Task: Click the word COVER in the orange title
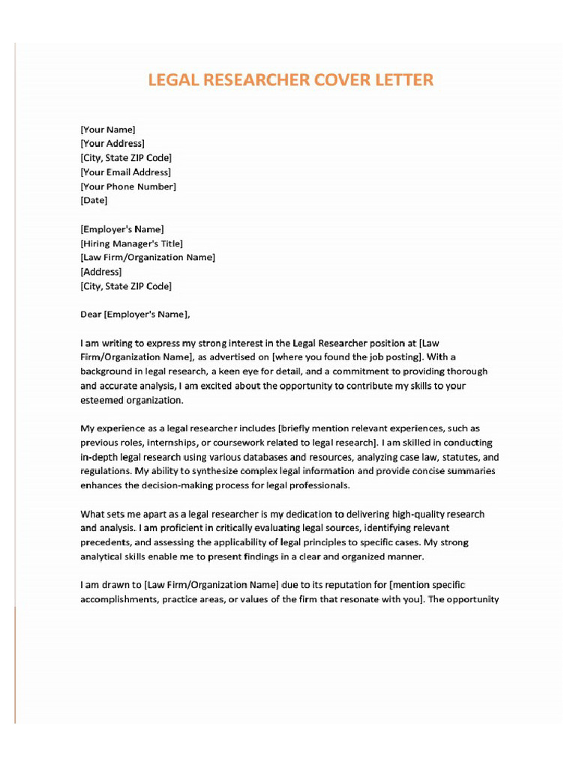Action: (x=328, y=80)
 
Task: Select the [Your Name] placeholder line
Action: (x=108, y=130)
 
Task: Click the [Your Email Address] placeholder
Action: (x=125, y=172)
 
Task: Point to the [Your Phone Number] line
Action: (x=128, y=187)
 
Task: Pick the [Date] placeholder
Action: (x=94, y=201)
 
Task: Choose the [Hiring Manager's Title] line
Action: (x=131, y=243)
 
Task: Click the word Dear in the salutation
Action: (x=91, y=315)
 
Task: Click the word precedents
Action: (x=105, y=542)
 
